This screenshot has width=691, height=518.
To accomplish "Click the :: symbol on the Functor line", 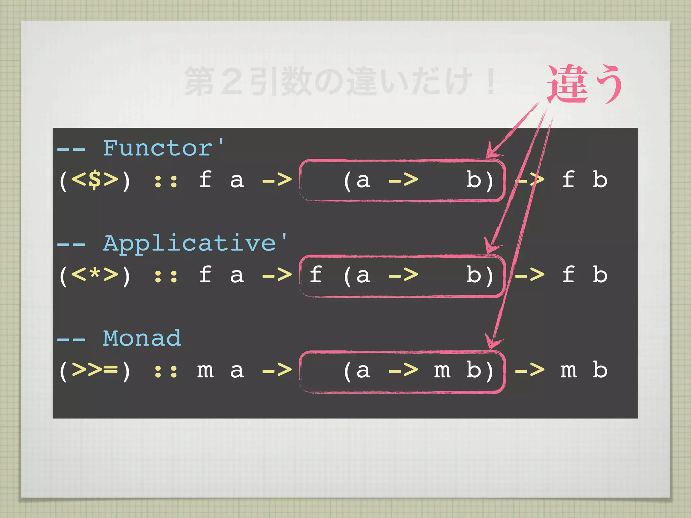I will point(166,181).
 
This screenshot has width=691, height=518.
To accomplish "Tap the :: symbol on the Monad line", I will point(166,371).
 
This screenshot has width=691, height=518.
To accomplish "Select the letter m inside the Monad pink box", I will point(442,371).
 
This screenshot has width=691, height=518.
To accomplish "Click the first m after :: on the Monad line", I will point(205,371).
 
